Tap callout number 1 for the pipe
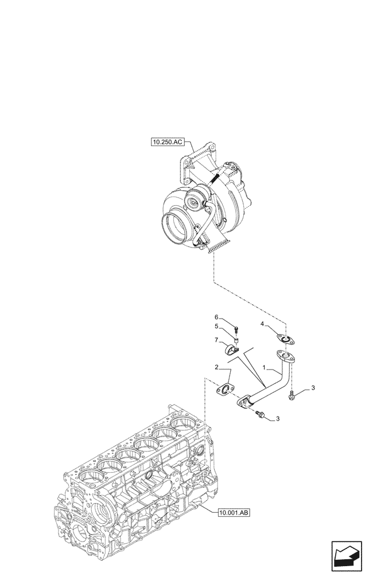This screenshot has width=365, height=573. pyautogui.click(x=264, y=367)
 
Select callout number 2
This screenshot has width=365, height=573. pyautogui.click(x=217, y=367)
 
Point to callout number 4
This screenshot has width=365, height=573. pyautogui.click(x=262, y=324)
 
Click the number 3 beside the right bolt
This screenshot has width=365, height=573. pyautogui.click(x=313, y=389)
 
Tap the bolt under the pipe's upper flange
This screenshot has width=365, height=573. pyautogui.click(x=293, y=393)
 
